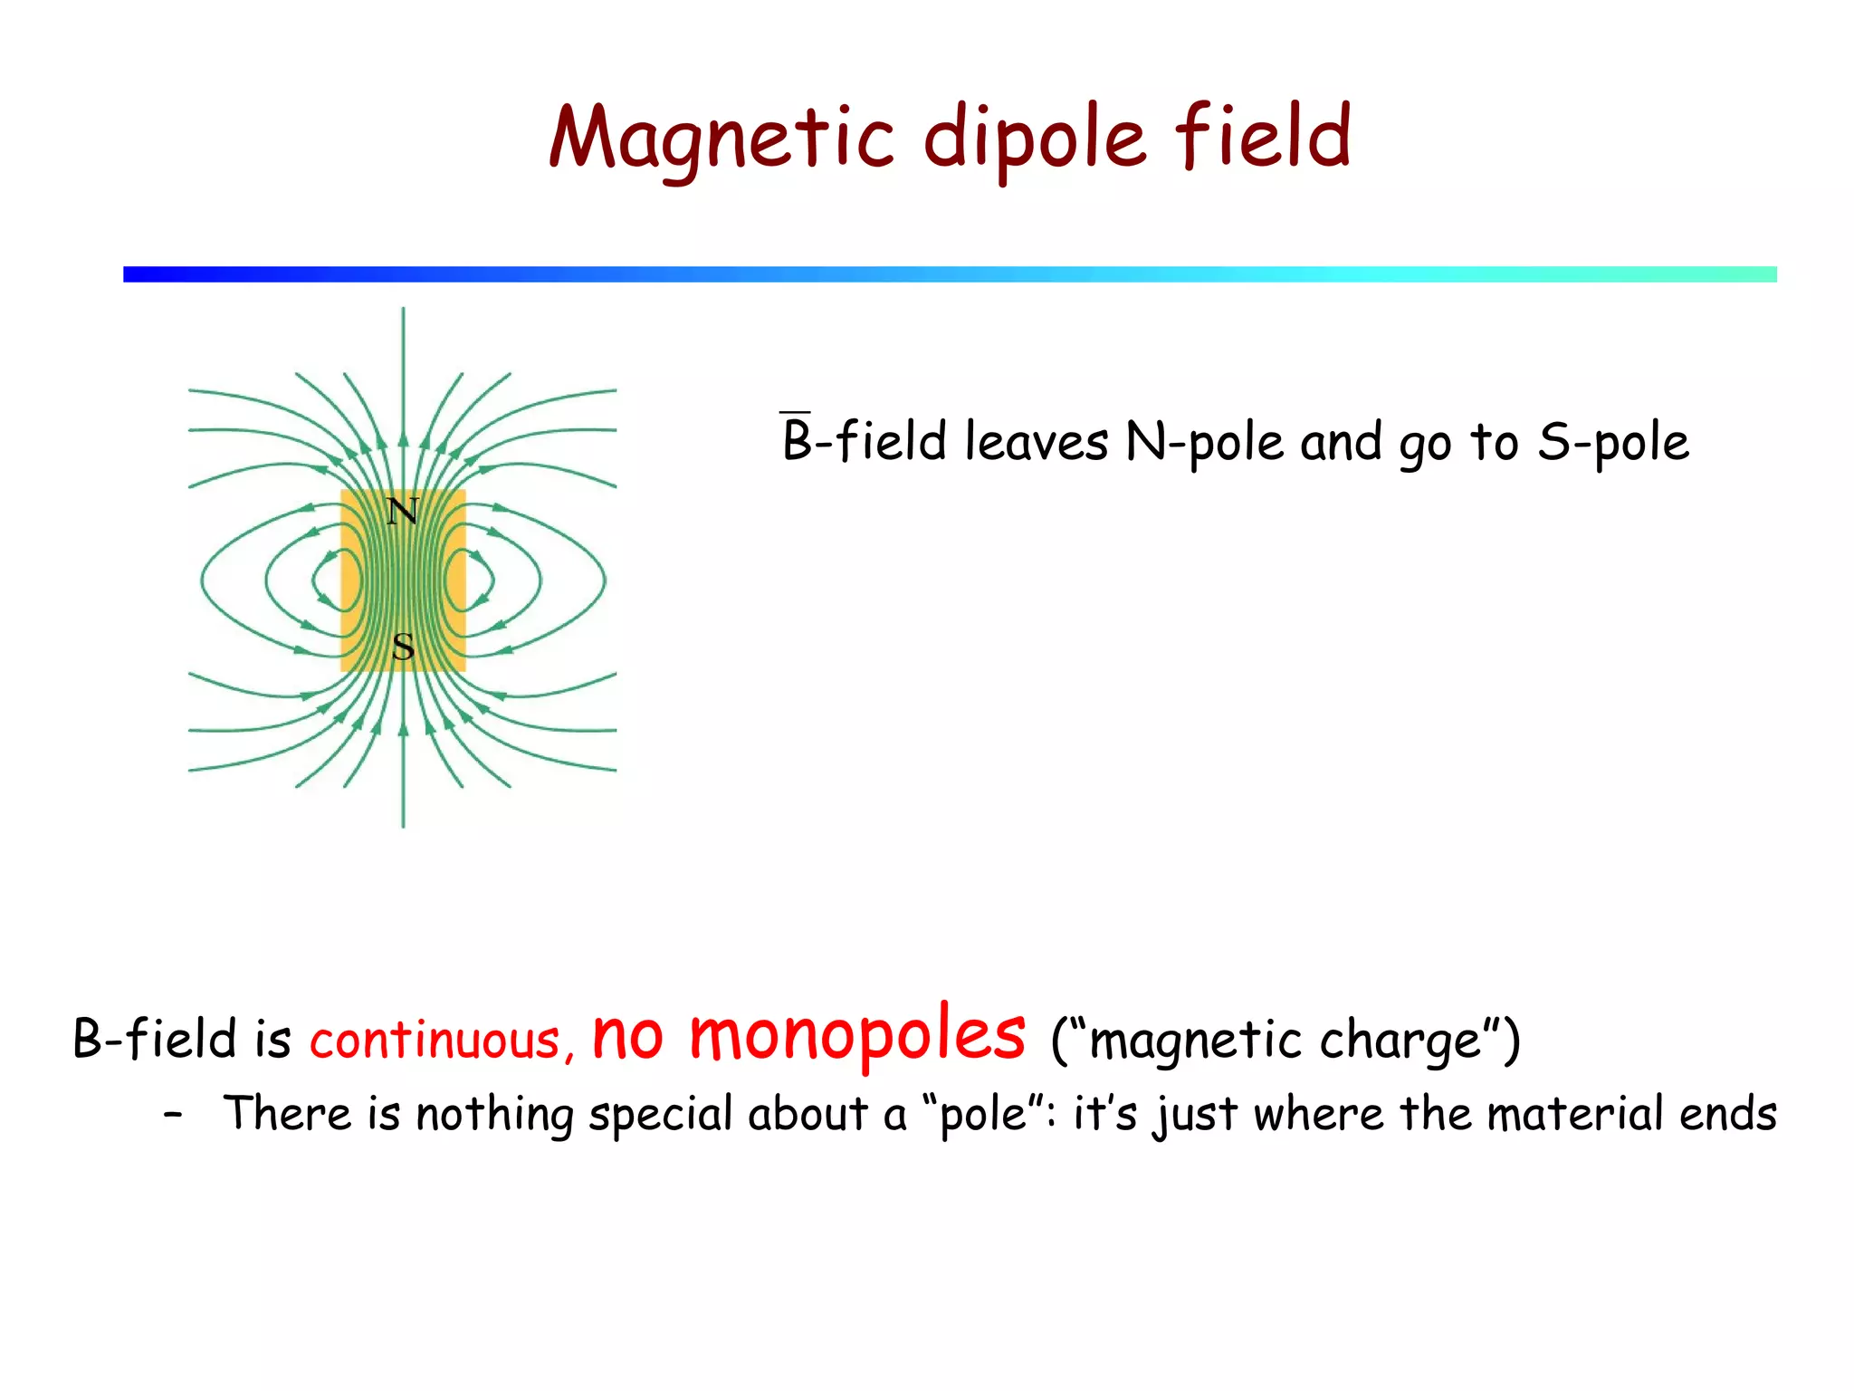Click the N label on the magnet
(403, 513)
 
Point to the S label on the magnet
(404, 648)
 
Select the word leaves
(1036, 442)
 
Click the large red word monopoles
(856, 1034)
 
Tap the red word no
(627, 1036)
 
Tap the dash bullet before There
(173, 1116)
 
